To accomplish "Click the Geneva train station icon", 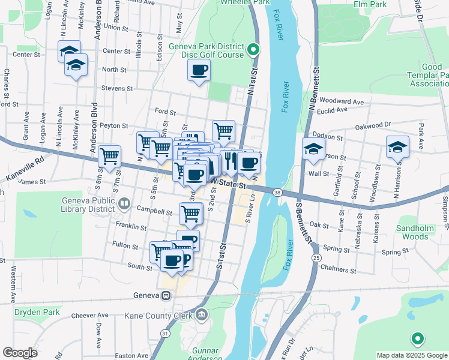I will coord(165,295).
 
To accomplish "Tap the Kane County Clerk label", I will coord(157,315).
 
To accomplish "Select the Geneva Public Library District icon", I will coord(124,204).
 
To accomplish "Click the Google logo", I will coord(20,353).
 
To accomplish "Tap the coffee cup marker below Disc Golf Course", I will coord(199,71).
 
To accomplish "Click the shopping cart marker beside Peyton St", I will coord(223,130).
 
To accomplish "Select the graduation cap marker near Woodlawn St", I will coord(397,147).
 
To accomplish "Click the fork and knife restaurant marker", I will coord(230,160).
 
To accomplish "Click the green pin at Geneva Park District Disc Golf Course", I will coord(253,49).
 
